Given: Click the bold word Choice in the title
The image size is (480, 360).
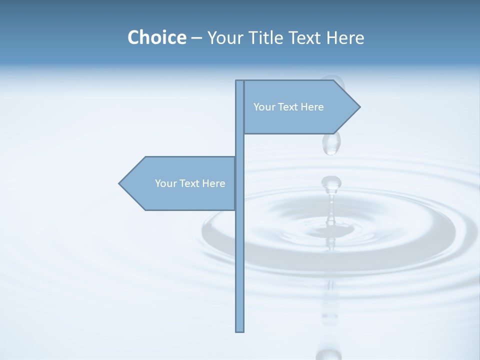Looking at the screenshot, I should pos(156,37).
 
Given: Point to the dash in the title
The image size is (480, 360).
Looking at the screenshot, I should pos(196,38).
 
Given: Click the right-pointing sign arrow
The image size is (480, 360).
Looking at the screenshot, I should pos(300,107).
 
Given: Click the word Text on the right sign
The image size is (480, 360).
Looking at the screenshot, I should pos(288,107).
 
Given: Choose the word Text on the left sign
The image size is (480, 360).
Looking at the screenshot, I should pos(190,183).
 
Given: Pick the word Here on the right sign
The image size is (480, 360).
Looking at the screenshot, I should pos(312,107).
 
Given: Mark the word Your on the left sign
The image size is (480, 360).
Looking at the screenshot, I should pos(165,183).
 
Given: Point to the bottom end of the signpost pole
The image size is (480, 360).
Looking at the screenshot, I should pos(239,330).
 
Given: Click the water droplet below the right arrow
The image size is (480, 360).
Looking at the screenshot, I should pos(331,143).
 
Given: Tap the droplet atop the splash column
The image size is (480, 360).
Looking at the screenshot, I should pos(331,183).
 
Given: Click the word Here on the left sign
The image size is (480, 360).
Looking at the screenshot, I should pos(213,183).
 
